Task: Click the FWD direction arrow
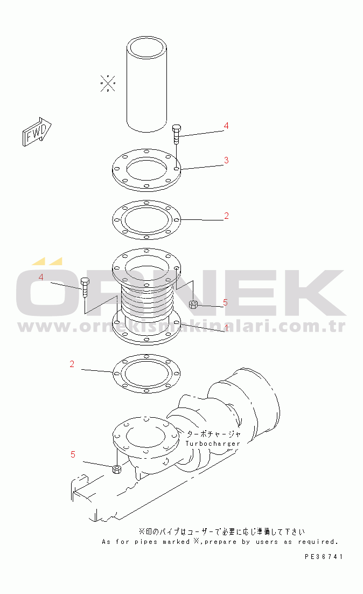coord(37,132)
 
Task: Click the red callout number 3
coord(226,160)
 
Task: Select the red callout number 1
coord(226,328)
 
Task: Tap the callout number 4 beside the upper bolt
coord(226,126)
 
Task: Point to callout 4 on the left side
coord(41,277)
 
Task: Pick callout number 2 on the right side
coord(226,216)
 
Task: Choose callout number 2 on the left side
coord(72,364)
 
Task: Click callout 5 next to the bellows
coord(225,302)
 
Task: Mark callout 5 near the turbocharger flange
coord(73,454)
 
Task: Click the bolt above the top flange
coord(177,134)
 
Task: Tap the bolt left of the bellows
coord(85,287)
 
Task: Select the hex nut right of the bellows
coord(193,304)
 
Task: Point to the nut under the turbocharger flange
coord(117,469)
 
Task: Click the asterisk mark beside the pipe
coord(108,83)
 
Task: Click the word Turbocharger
coord(213,444)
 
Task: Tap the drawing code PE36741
coord(324,556)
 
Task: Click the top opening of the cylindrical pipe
coord(146,47)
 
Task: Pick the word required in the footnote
coord(318,542)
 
